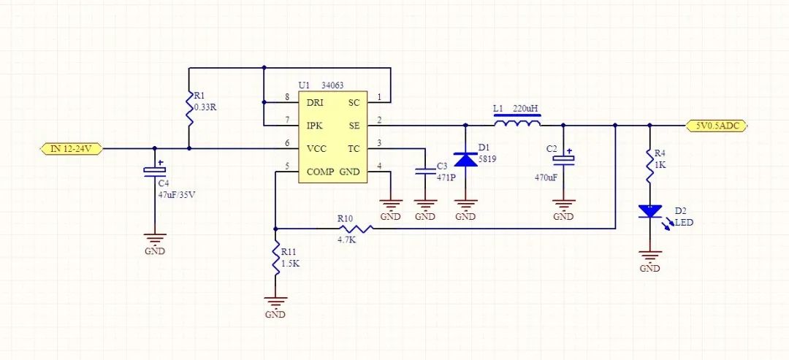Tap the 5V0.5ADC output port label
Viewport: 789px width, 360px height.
717,126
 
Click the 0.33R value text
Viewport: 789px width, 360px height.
205,107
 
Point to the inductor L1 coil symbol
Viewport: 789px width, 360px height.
518,124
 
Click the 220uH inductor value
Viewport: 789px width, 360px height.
526,109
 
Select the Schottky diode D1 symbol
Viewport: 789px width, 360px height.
465,159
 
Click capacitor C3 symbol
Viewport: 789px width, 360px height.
425,172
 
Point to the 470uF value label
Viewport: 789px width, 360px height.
546,177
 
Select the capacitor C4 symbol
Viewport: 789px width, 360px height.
155,170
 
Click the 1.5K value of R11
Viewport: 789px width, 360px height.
291,263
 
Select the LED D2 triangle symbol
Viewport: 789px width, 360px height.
649,212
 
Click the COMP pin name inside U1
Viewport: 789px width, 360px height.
320,172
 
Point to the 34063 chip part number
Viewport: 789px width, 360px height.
333,85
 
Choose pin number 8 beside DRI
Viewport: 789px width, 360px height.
287,97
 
